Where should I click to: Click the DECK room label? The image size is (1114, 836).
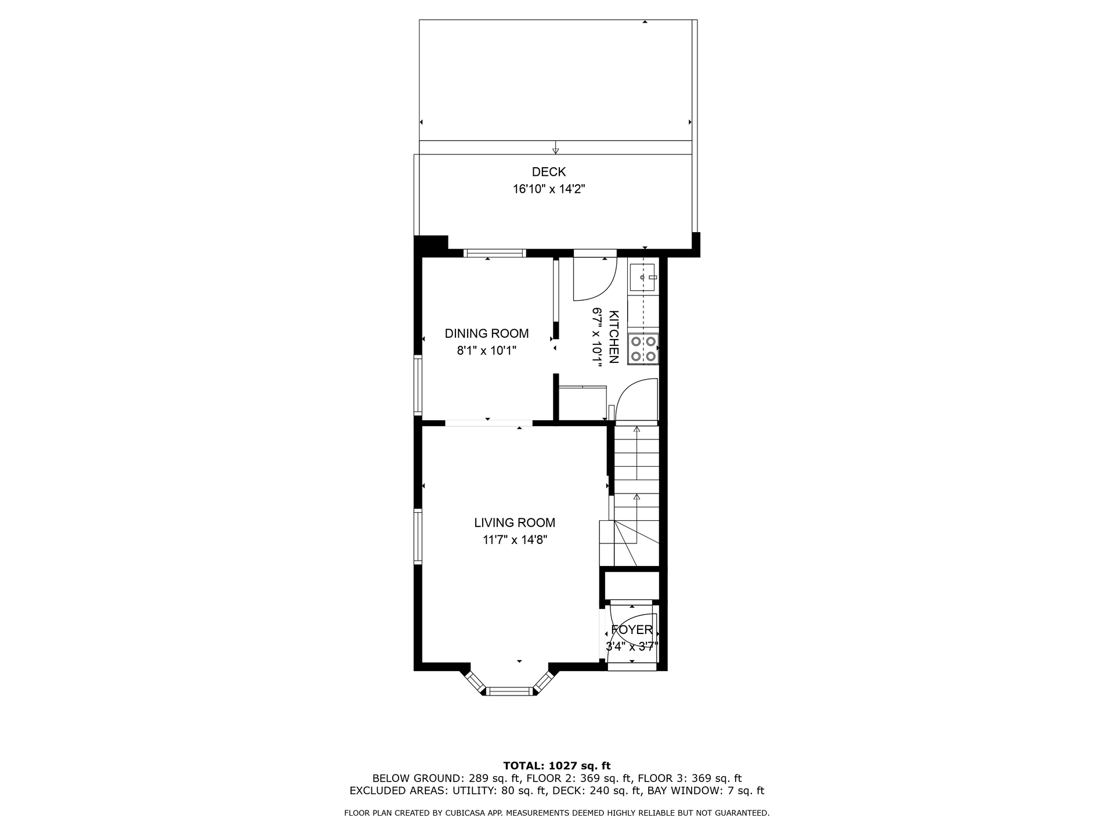click(x=548, y=172)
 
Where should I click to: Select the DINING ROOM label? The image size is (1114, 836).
click(x=486, y=334)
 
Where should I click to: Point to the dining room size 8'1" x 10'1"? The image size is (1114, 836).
click(x=486, y=351)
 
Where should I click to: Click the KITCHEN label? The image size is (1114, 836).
click(x=614, y=337)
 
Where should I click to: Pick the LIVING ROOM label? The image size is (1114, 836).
click(x=515, y=523)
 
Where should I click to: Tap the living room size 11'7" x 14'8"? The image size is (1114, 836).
click(x=515, y=540)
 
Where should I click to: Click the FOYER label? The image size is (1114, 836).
click(x=632, y=630)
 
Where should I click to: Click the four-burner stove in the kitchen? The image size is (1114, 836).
click(x=643, y=349)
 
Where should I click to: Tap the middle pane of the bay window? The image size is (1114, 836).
click(x=509, y=691)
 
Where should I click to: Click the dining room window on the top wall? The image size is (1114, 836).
click(x=495, y=253)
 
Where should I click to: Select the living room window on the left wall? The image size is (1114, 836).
click(x=418, y=536)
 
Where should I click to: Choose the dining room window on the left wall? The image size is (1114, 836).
click(x=418, y=385)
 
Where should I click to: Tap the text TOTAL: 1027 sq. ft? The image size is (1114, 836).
click(x=556, y=766)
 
